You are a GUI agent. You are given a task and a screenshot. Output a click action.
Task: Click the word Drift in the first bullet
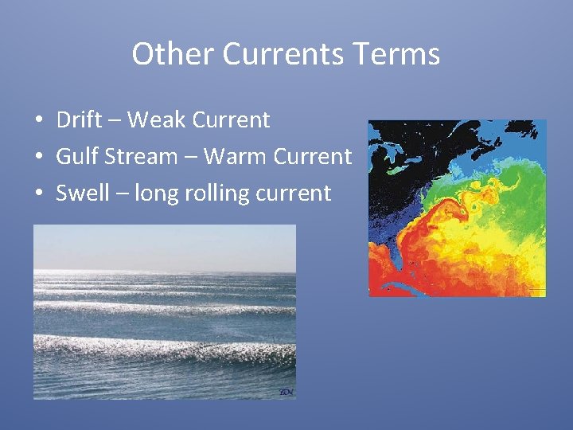pyautogui.click(x=79, y=120)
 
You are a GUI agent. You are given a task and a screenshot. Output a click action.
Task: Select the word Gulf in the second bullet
pyautogui.click(x=76, y=157)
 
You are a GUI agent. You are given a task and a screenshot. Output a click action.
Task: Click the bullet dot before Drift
pyautogui.click(x=38, y=121)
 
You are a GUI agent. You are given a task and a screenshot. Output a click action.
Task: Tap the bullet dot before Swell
pyautogui.click(x=38, y=193)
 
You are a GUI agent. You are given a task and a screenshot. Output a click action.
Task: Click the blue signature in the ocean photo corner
pyautogui.click(x=286, y=392)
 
